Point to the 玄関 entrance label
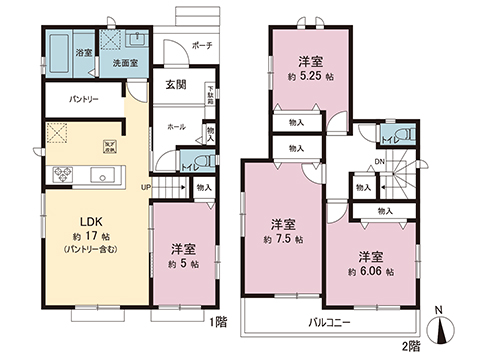175,85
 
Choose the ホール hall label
176,127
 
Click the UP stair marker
145,187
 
